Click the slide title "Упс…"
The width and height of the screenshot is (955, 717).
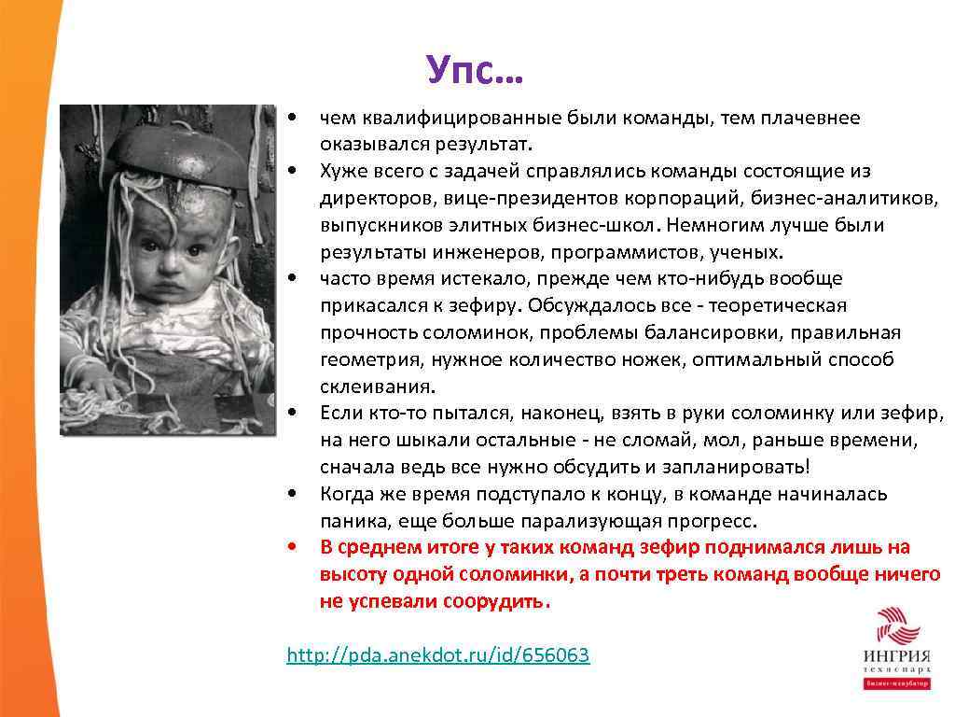click(x=475, y=69)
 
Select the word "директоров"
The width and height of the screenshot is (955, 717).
click(x=370, y=199)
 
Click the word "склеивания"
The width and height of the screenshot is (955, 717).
click(x=363, y=387)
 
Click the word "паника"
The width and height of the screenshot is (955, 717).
click(x=349, y=521)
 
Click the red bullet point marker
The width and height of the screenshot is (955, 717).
click(x=293, y=547)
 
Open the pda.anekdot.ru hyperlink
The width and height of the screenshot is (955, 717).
click(x=437, y=655)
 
